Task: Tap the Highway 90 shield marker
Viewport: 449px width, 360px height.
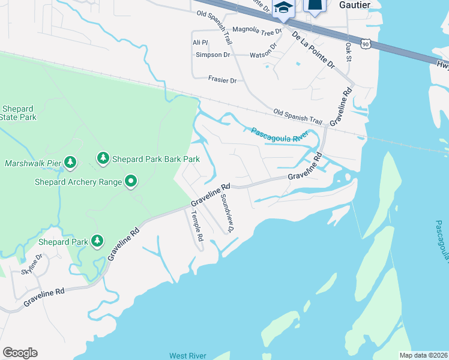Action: (x=366, y=43)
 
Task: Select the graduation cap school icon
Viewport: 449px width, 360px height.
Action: (x=283, y=7)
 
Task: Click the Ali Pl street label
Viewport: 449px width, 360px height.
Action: (x=200, y=42)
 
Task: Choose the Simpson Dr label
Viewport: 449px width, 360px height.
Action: (x=213, y=55)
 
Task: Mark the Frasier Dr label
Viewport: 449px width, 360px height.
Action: (x=222, y=80)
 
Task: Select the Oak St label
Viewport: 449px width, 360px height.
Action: (x=349, y=52)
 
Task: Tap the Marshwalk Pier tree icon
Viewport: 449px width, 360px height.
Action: (x=71, y=162)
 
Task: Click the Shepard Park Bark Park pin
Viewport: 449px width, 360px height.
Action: (x=103, y=158)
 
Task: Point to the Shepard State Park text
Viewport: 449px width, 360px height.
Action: (x=18, y=113)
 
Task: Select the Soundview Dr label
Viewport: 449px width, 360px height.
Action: (x=226, y=214)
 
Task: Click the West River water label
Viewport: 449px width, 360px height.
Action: (x=187, y=356)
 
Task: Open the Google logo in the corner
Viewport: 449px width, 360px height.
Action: (x=20, y=353)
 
